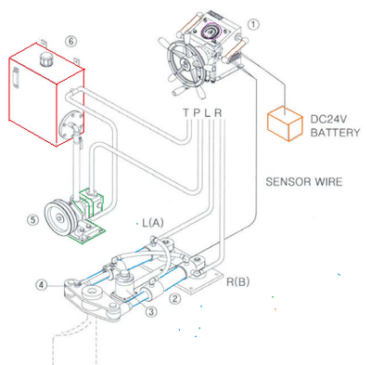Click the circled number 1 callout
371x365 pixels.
click(x=253, y=24)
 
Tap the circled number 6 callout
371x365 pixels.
click(x=70, y=41)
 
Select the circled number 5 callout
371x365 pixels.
click(x=32, y=220)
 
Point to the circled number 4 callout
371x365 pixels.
click(x=42, y=284)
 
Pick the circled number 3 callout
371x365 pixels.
click(x=151, y=311)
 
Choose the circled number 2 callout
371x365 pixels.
click(x=174, y=298)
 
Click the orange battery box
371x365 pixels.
click(x=285, y=124)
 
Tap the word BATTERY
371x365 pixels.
click(x=335, y=133)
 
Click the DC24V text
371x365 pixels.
click(x=328, y=119)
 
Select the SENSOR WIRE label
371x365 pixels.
click(x=304, y=182)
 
